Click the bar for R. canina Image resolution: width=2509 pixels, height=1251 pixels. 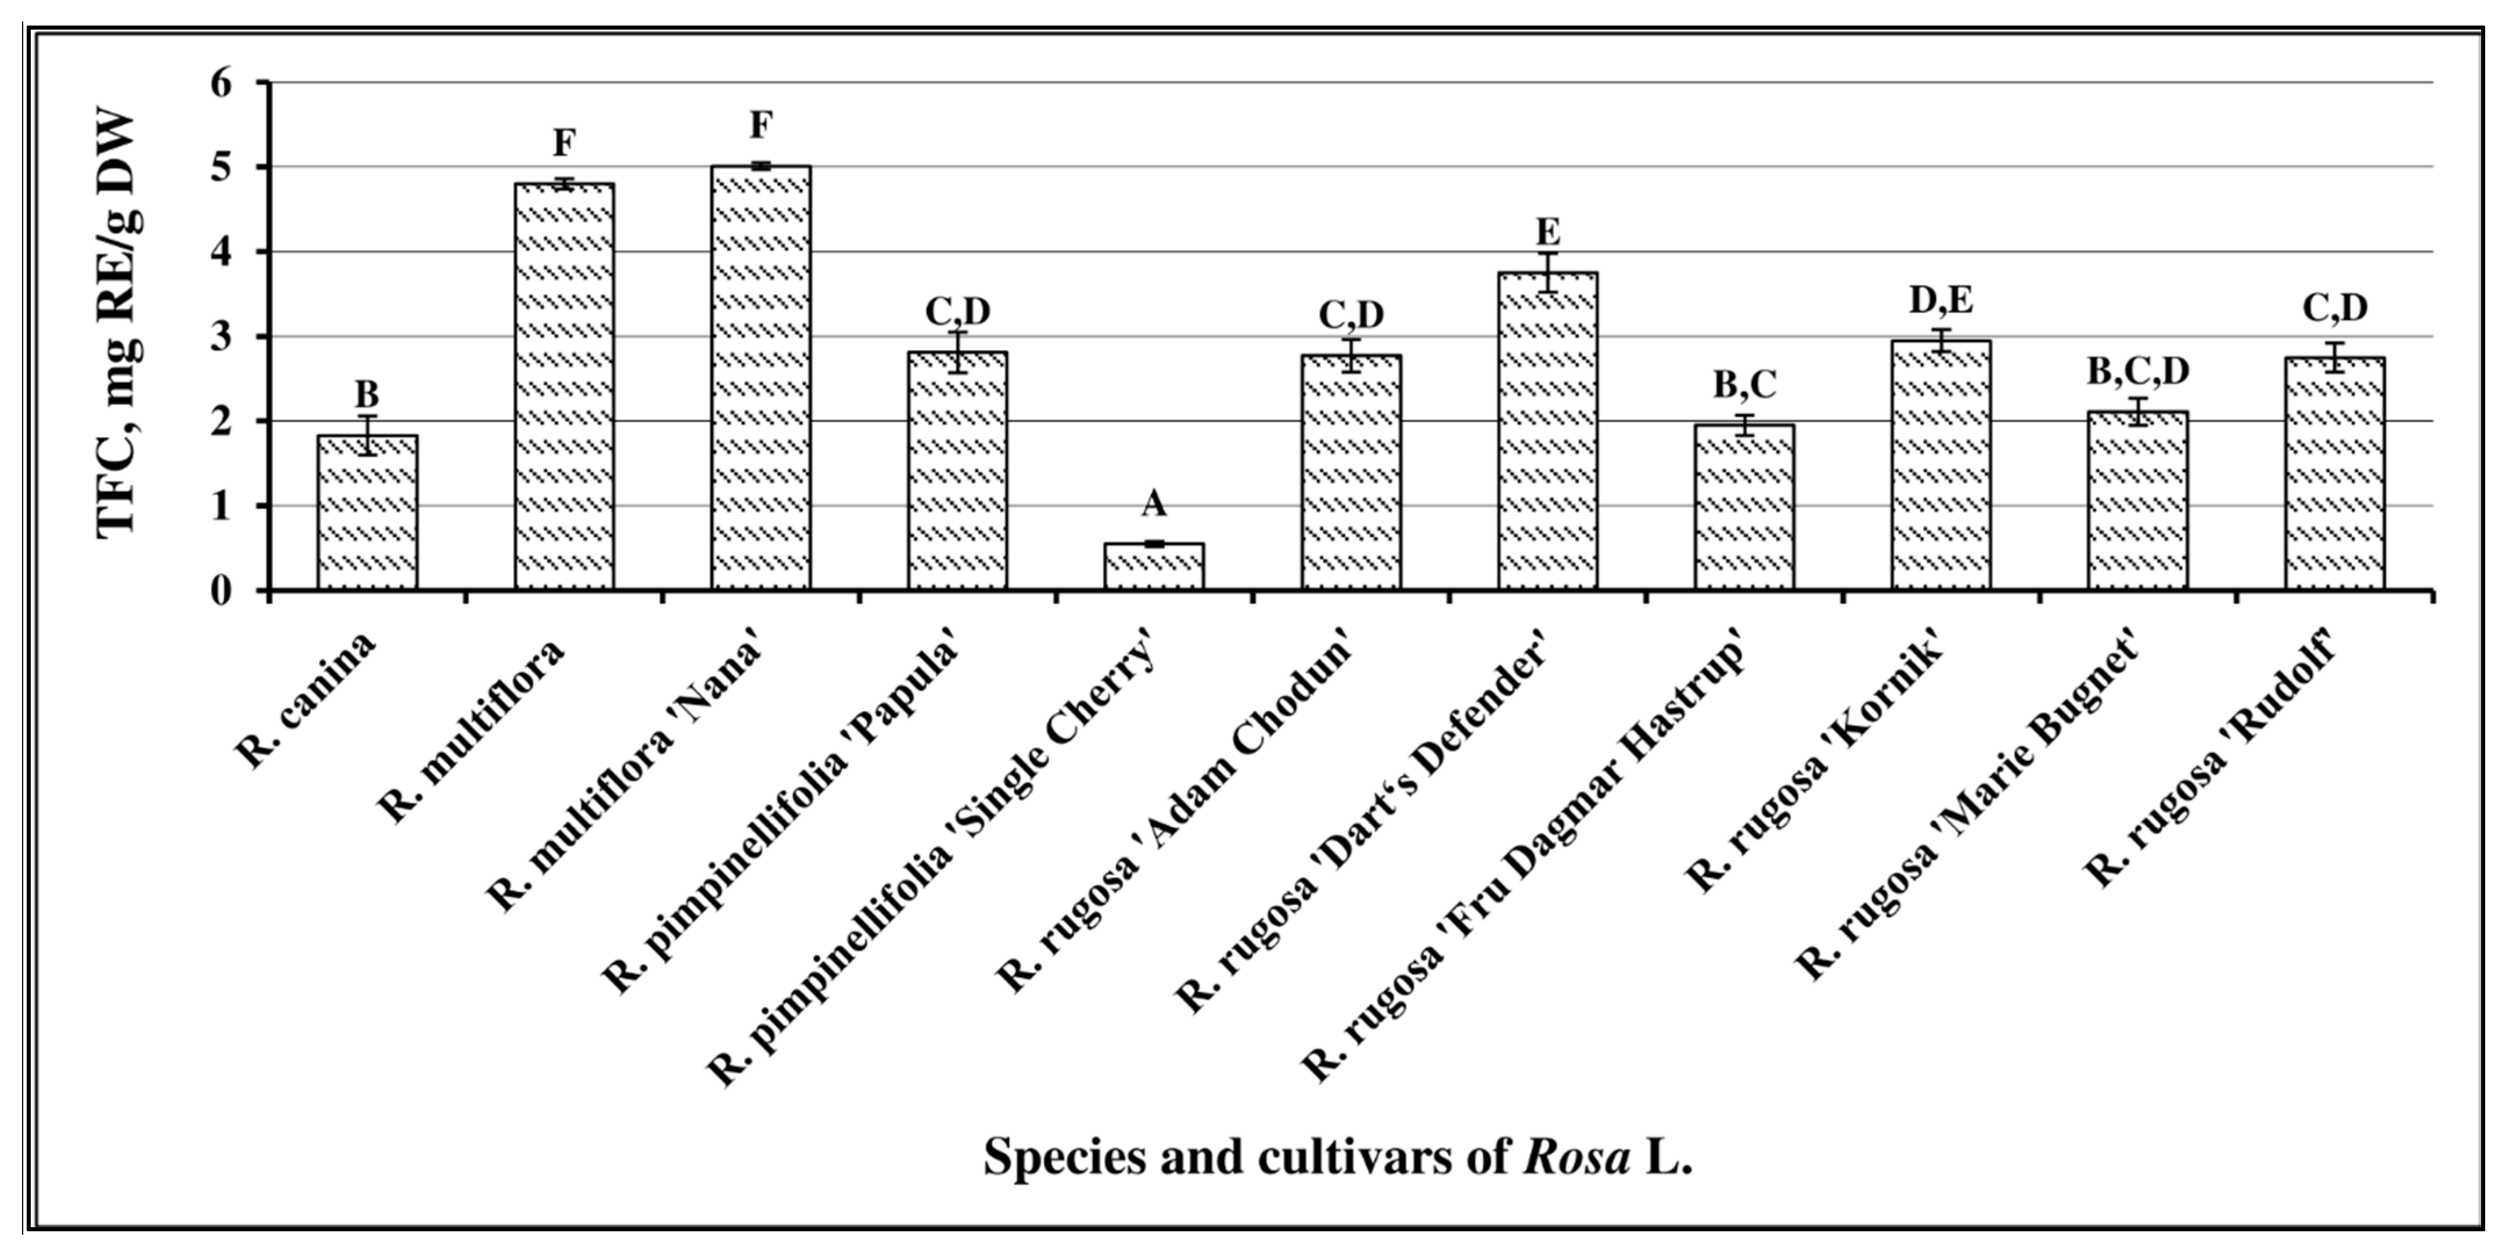click(367, 513)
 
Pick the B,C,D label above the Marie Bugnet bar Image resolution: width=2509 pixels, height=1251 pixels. click(2138, 371)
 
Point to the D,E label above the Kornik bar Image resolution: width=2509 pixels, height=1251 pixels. click(1941, 301)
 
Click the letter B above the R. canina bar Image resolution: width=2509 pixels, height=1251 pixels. click(367, 394)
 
